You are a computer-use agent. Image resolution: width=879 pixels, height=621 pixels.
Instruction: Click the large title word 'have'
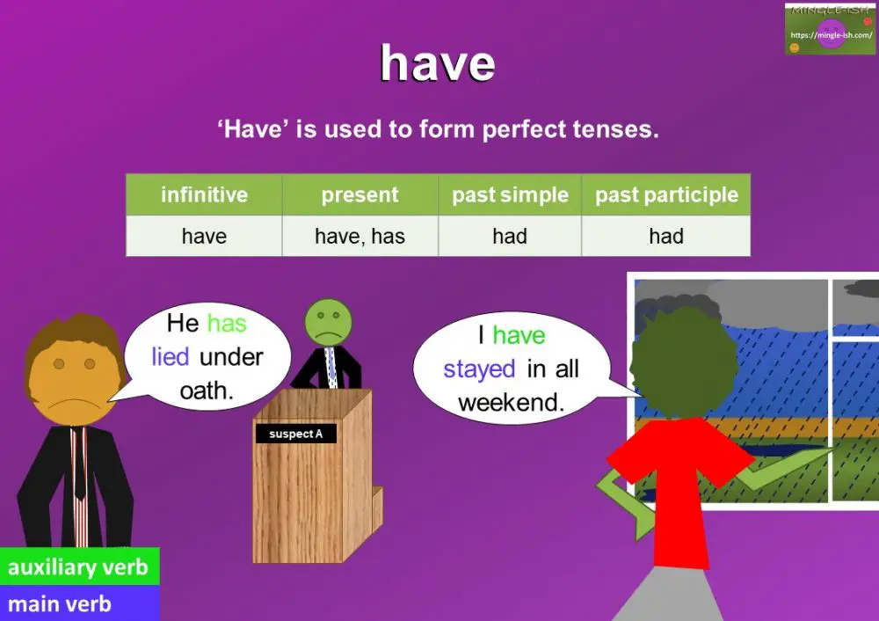tap(437, 64)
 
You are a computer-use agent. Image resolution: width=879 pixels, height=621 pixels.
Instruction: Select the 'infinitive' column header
tap(204, 194)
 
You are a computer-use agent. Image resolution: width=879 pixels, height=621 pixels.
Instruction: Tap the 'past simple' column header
tap(510, 194)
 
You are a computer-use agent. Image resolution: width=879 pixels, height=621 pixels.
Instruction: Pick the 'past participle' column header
tap(666, 194)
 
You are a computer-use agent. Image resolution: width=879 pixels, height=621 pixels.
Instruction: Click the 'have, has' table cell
tap(360, 236)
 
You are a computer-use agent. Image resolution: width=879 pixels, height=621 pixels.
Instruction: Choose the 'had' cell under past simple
tap(510, 236)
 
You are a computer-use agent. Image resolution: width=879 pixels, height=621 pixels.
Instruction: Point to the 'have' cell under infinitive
tap(204, 236)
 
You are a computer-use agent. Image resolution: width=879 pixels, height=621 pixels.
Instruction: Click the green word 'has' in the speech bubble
tap(227, 324)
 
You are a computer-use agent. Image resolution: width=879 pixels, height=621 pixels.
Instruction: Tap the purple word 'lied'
tap(170, 357)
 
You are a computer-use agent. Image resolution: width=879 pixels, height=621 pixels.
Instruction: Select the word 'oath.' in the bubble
tap(207, 390)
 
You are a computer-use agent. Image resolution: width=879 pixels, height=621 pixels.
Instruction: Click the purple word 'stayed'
tap(479, 369)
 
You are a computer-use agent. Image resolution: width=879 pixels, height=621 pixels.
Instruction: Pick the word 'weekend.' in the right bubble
tap(511, 403)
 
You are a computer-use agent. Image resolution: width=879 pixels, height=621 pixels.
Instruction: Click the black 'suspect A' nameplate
tap(295, 434)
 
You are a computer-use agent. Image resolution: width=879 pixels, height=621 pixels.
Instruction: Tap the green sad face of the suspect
tap(326, 323)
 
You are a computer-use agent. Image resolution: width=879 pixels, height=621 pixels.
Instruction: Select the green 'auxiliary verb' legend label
tap(78, 567)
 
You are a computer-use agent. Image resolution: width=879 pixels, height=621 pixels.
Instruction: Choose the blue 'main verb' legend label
tap(60, 604)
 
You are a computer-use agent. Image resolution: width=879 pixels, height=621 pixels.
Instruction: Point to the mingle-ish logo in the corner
tap(831, 29)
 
